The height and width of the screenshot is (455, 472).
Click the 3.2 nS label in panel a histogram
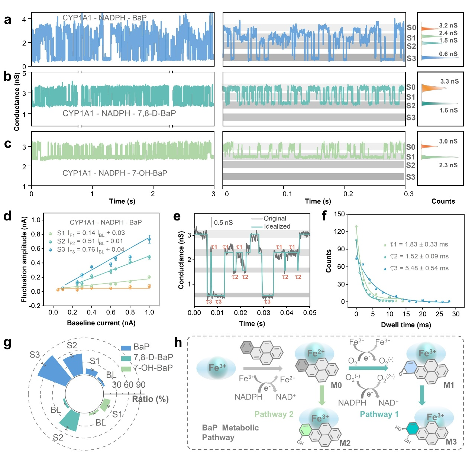pyautogui.click(x=448, y=26)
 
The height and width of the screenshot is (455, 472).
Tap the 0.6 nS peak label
pyautogui.click(x=448, y=54)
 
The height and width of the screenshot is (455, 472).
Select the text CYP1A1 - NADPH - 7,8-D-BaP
pyautogui.click(x=119, y=113)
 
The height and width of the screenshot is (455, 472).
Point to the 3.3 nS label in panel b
pyautogui.click(x=449, y=81)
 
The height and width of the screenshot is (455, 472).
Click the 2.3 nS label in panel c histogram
pyautogui.click(x=448, y=165)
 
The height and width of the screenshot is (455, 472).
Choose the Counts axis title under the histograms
pyautogui.click(x=443, y=201)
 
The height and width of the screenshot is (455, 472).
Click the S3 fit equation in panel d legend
pyautogui.click(x=90, y=249)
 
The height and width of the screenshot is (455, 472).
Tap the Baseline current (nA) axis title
pyautogui.click(x=101, y=323)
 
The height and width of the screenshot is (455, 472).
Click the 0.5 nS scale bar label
pyautogui.click(x=223, y=223)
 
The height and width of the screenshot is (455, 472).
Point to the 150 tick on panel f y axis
pyautogui.click(x=339, y=214)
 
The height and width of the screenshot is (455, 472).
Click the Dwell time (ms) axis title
pyautogui.click(x=406, y=325)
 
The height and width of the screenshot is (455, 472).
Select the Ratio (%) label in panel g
pyautogui.click(x=150, y=399)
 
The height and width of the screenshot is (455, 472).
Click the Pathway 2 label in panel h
pyautogui.click(x=274, y=414)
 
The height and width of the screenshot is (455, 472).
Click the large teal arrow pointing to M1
pyautogui.click(x=368, y=368)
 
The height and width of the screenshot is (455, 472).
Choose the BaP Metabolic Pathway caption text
pyautogui.click(x=230, y=432)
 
